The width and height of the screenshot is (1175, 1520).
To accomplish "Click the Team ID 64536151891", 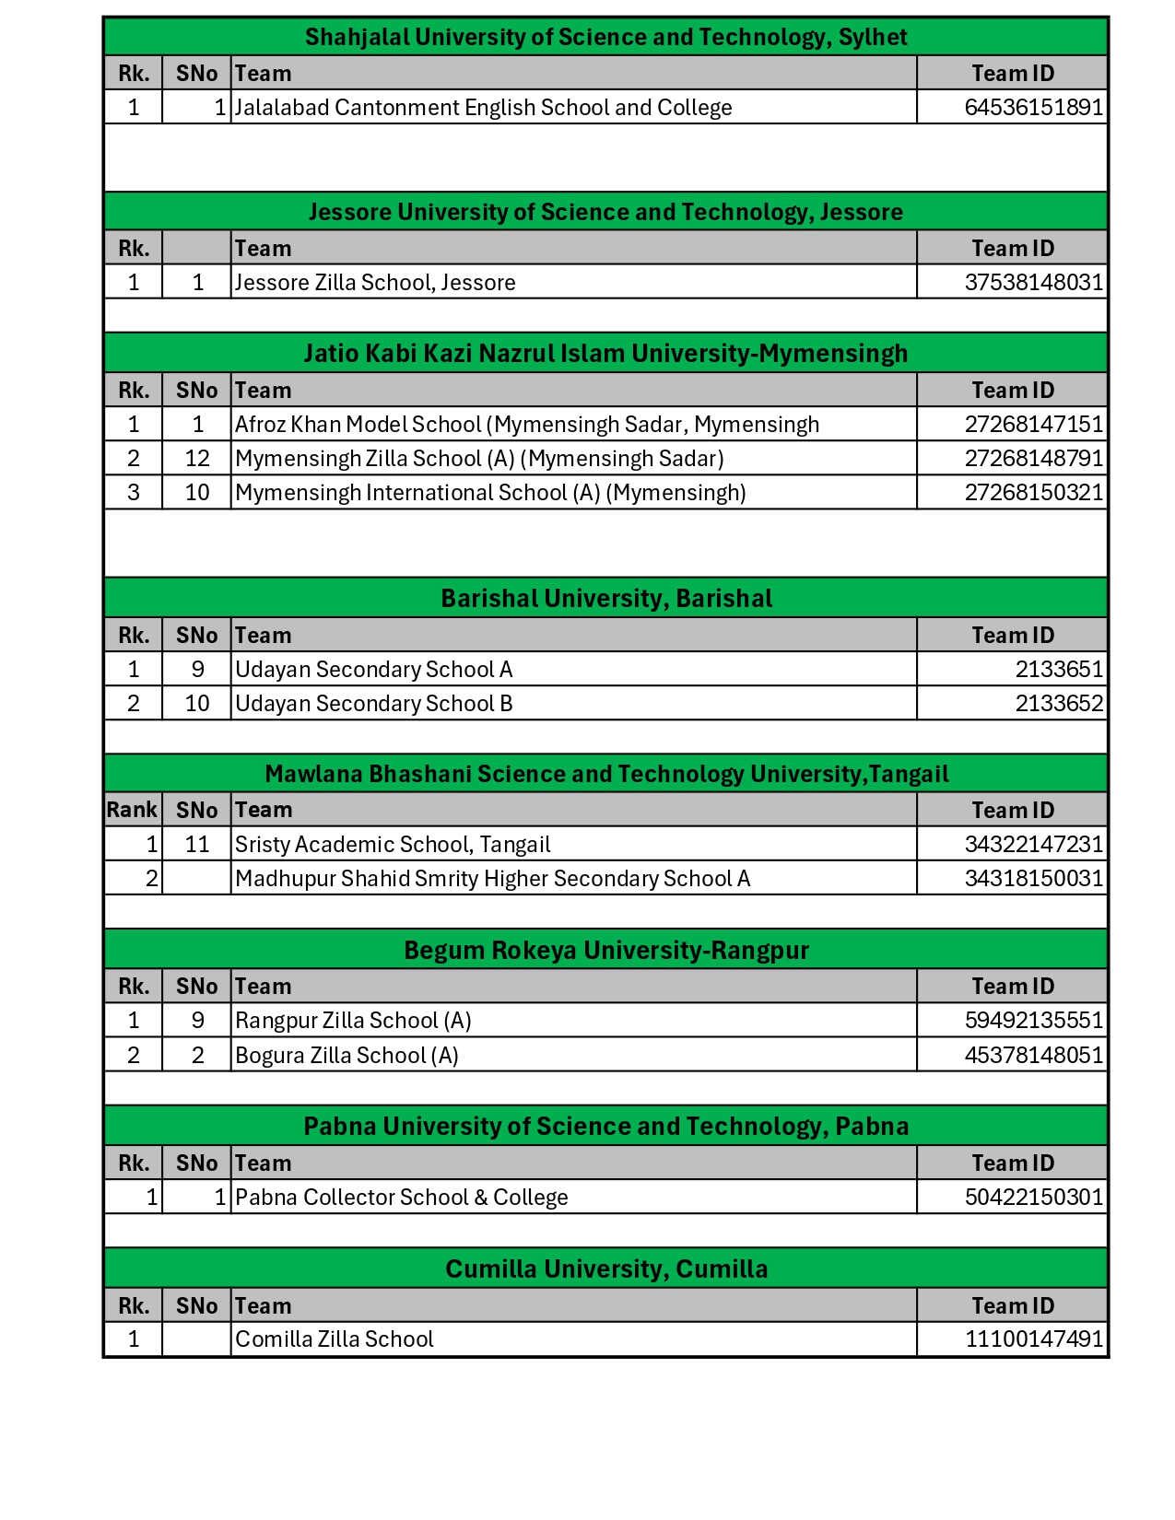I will (x=1033, y=108).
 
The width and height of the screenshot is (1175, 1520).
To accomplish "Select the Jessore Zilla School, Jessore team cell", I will (x=375, y=283).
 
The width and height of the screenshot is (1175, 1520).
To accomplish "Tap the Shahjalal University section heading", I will (x=605, y=37).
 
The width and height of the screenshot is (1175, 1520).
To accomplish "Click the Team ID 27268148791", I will (x=1033, y=459).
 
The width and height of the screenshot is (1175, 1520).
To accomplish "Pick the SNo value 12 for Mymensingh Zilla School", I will (x=197, y=459).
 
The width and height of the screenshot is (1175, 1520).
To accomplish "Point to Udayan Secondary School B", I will (x=373, y=704).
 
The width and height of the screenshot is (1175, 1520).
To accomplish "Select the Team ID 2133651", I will (x=1059, y=670).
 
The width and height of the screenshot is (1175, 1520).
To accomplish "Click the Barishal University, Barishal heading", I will (x=605, y=599).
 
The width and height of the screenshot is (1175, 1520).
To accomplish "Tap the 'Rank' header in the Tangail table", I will (x=132, y=810).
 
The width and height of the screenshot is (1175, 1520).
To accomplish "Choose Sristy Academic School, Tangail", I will (x=393, y=845).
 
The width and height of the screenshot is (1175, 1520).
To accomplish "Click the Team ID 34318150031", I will (x=1033, y=879).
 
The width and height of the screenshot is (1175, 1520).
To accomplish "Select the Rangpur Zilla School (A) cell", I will (x=353, y=1021).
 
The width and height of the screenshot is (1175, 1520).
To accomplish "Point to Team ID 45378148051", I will (x=1033, y=1056).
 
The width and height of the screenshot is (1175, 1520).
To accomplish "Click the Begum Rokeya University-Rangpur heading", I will (x=605, y=951).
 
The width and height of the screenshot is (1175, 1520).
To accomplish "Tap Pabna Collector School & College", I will (x=401, y=1198).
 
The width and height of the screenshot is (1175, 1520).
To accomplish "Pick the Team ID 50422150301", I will (x=1033, y=1198).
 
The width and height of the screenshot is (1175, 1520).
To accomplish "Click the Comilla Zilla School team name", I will (x=334, y=1339).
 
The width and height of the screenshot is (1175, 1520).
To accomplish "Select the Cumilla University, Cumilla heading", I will (x=605, y=1269).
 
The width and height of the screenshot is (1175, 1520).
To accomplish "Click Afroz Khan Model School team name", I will (x=526, y=425).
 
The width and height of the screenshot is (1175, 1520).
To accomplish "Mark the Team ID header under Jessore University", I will (x=1012, y=249).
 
